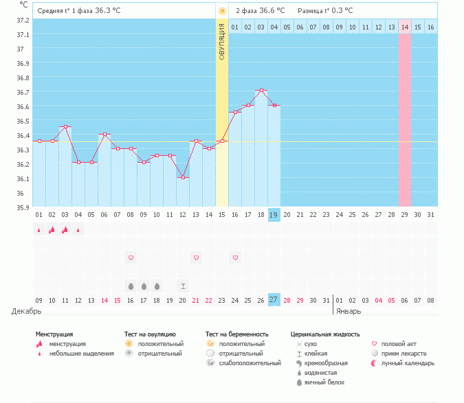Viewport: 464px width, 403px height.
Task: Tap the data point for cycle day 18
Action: tap(261, 91)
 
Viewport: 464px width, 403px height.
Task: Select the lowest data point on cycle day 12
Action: tap(183, 177)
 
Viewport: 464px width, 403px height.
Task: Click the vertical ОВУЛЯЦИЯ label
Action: tap(221, 41)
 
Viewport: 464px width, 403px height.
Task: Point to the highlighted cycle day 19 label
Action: tap(274, 215)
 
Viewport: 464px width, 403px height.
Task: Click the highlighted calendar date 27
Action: tap(274, 300)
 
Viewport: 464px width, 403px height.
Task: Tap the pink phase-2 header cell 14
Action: tap(405, 27)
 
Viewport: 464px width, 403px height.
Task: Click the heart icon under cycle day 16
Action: tap(235, 257)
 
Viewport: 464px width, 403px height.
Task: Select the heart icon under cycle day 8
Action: tap(131, 257)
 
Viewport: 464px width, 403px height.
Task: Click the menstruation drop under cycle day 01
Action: tap(39, 230)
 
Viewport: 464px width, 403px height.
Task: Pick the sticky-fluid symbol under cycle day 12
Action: tap(183, 286)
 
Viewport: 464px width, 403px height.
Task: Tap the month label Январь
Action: tap(350, 311)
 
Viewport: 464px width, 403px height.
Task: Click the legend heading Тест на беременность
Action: tap(236, 334)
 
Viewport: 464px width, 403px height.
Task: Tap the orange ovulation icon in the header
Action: tap(221, 11)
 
